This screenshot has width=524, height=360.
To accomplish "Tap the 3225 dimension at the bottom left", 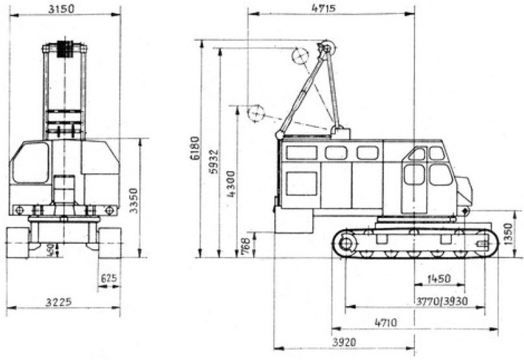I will click(60, 302).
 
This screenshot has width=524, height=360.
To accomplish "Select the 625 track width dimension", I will click(109, 279).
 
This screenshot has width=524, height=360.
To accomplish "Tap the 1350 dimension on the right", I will click(509, 232).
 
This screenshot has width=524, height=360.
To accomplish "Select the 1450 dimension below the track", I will click(439, 279).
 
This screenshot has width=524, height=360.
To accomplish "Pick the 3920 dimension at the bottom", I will click(344, 341).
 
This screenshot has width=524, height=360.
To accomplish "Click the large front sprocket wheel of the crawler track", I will click(346, 244).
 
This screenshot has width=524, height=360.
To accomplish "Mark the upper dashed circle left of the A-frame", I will click(300, 56).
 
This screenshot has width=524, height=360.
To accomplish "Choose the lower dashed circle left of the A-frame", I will click(256, 114).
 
